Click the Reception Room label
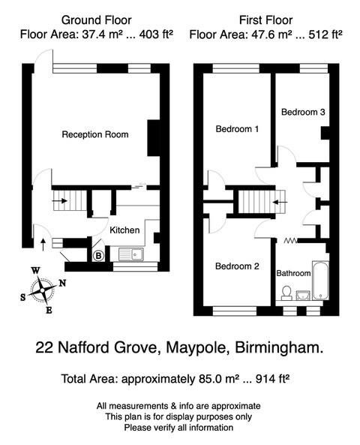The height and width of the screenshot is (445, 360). pos(94,135)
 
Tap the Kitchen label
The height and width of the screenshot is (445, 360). pos(124,230)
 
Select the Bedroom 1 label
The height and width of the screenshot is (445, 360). pos(237,129)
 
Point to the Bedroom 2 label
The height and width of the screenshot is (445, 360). pos(237,266)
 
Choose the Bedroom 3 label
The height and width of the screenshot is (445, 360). pos(303,112)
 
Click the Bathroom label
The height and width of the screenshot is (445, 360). pos(294,274)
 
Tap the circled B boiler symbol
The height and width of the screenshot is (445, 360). pos(97,256)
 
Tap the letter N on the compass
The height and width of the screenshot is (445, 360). pos(62,283)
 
